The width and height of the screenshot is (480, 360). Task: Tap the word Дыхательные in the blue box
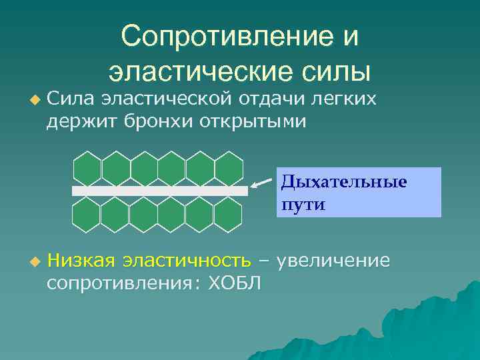(343, 181)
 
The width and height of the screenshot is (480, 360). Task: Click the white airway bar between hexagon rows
(160, 191)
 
